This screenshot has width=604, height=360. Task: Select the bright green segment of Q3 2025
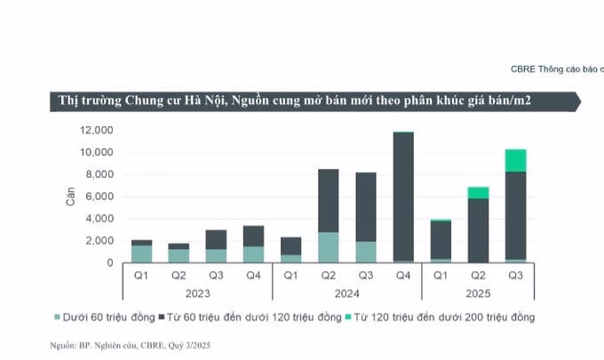[x=515, y=161]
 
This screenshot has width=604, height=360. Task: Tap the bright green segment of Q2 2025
[x=478, y=193]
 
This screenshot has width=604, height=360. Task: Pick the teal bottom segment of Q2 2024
[x=328, y=247]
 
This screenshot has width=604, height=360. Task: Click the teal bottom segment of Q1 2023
[x=141, y=253]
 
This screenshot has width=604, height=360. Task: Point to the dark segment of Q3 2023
[x=216, y=239]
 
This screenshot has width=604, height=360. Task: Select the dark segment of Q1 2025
[x=441, y=240]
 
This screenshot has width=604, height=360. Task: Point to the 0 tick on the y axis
[x=110, y=263]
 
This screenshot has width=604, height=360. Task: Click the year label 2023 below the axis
[x=197, y=292]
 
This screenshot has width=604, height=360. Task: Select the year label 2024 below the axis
[x=346, y=292]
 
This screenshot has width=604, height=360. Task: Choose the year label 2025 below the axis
[x=478, y=292]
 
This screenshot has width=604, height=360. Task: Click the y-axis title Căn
[x=71, y=196]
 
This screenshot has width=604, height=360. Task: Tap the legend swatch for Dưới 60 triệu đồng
[x=58, y=316]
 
